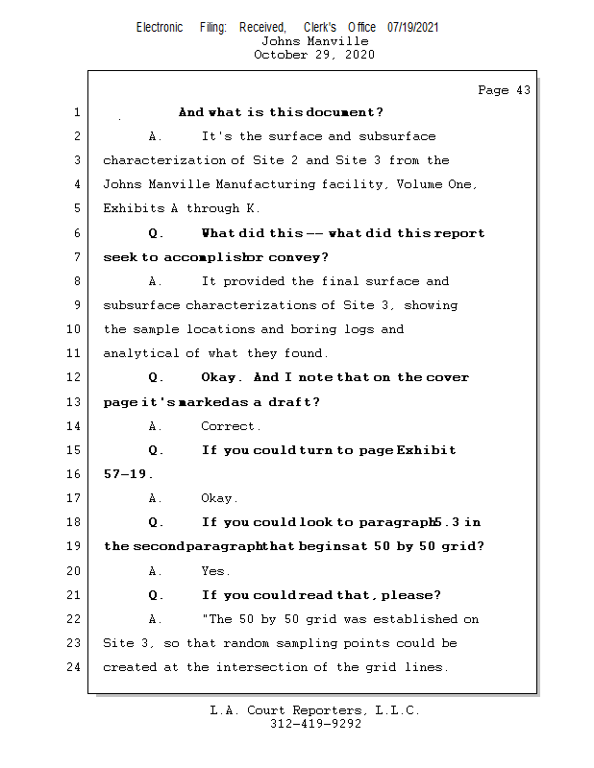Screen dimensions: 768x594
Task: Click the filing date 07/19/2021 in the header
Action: pyautogui.click(x=413, y=27)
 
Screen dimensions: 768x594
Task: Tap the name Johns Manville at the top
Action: pyautogui.click(x=314, y=41)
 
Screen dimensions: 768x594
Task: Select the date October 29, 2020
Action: pyautogui.click(x=314, y=55)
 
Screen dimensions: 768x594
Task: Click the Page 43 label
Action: pyautogui.click(x=504, y=90)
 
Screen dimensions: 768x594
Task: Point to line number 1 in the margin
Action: pyautogui.click(x=77, y=112)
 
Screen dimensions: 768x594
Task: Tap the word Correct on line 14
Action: pyautogui.click(x=231, y=426)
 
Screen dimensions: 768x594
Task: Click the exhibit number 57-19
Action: pyautogui.click(x=128, y=474)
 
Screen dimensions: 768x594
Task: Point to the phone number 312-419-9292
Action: pyautogui.click(x=315, y=724)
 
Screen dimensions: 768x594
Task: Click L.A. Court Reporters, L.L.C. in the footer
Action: pyautogui.click(x=314, y=710)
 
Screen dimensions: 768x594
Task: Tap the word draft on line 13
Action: pyautogui.click(x=293, y=402)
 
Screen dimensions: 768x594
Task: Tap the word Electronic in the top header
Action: pyautogui.click(x=160, y=27)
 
